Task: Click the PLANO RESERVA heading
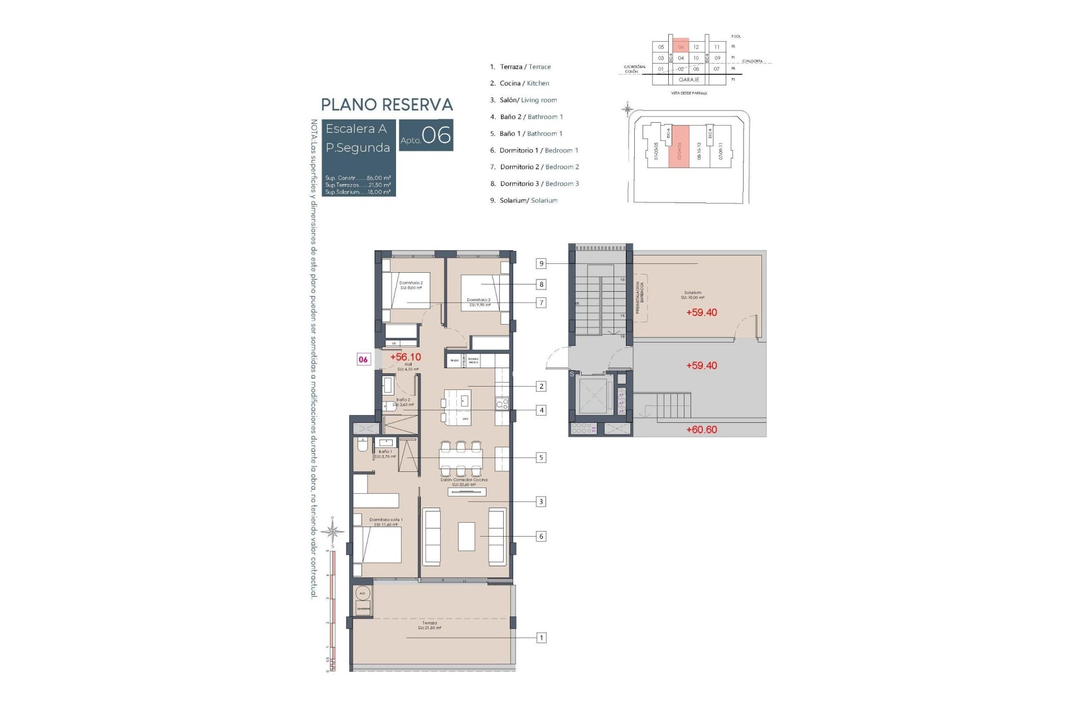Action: pos(387,104)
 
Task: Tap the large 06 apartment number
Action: pos(436,135)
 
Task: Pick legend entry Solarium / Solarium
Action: pos(528,200)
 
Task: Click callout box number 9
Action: pos(541,263)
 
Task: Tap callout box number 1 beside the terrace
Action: pos(541,638)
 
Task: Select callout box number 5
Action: pos(541,457)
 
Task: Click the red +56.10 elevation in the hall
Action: pos(406,357)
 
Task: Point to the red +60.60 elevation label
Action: pos(701,430)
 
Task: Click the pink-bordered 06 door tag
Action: pos(363,359)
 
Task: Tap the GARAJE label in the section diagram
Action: pos(689,80)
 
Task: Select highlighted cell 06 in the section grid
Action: pos(681,47)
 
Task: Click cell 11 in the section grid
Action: pos(717,47)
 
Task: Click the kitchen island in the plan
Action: pos(457,407)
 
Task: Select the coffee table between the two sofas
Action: pos(466,536)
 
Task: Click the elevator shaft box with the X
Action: pos(594,396)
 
